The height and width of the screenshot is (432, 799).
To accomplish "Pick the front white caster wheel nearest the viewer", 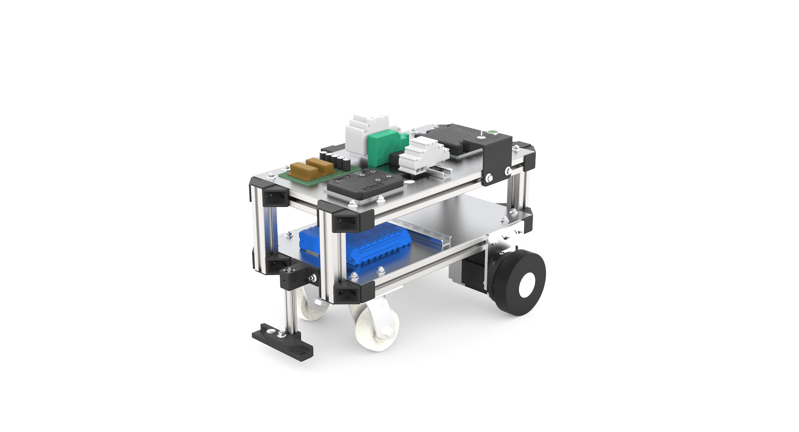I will click(376, 328).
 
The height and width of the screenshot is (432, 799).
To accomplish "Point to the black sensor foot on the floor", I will click(283, 342).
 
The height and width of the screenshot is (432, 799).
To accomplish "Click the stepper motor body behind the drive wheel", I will click(472, 275).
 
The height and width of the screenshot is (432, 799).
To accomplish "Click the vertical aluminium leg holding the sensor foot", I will click(291, 310).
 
